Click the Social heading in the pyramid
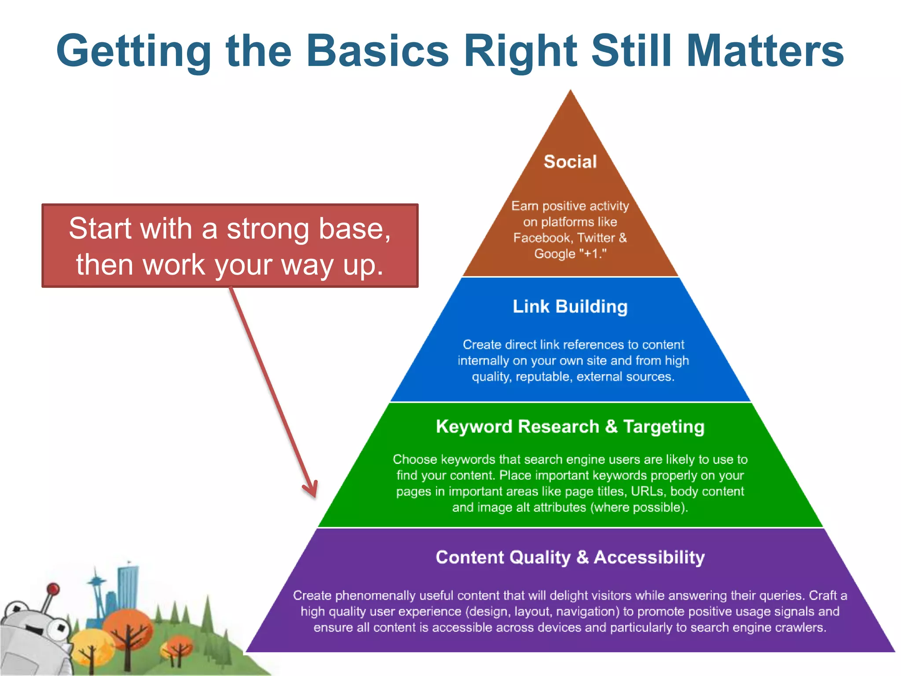(x=570, y=162)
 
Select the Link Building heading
(x=570, y=306)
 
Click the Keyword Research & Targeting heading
(x=570, y=426)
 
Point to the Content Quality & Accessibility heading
(x=570, y=557)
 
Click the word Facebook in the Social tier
(x=542, y=238)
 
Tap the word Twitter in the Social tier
(x=596, y=238)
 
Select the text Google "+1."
(x=570, y=254)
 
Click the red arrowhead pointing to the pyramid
(x=312, y=491)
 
